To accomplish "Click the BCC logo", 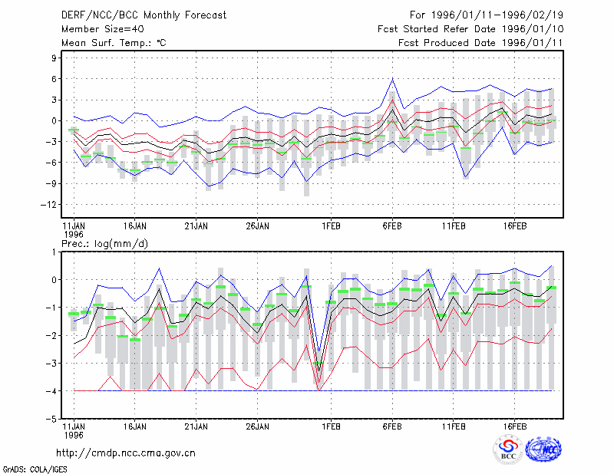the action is (x=508, y=449).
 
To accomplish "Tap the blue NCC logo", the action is (x=543, y=449).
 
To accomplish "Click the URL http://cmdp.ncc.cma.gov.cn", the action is (x=126, y=453).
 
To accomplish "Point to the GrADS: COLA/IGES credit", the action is (x=35, y=469).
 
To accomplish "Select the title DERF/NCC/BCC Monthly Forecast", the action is (x=144, y=15).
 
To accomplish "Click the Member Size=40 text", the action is (x=103, y=29).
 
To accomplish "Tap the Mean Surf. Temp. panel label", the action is (x=114, y=43).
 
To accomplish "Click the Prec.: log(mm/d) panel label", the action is (x=104, y=244).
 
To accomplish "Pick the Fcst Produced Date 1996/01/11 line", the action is (x=480, y=43).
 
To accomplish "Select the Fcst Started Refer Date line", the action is (x=470, y=29).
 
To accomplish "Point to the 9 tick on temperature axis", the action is (x=54, y=58).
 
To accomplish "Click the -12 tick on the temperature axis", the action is (x=48, y=204).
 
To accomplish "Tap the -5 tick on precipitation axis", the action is (x=51, y=419).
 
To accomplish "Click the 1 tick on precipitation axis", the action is (x=54, y=252).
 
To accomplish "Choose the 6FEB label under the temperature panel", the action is (x=392, y=226).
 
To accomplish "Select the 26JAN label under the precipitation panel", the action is (x=257, y=426).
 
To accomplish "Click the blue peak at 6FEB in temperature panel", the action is (x=392, y=79).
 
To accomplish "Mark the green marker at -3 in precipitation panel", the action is (x=319, y=364).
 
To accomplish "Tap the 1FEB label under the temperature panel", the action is (x=331, y=226).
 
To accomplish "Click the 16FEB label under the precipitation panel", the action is (x=514, y=426).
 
